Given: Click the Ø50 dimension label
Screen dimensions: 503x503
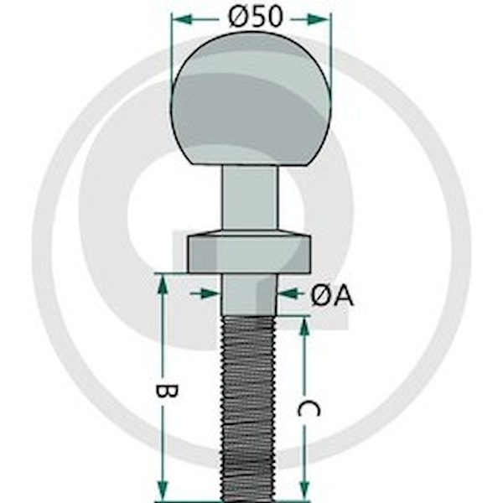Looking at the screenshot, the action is pos(256,17).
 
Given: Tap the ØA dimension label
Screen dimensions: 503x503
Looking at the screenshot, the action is pos(332,295).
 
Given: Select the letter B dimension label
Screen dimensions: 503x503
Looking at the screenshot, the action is pos(166,392).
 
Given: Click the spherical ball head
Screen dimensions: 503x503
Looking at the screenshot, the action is pos(251,98).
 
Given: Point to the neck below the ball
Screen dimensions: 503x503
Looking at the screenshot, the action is pos(251,197).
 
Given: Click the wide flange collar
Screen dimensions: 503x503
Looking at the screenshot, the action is pos(249,255).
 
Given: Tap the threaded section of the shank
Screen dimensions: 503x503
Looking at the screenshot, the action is pos(249,409).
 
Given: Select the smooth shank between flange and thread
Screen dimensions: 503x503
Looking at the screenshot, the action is pos(249,294).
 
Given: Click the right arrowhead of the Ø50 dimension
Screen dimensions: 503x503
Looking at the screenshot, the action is pos(319,19).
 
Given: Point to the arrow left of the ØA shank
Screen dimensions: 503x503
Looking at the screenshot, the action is pos(205,293).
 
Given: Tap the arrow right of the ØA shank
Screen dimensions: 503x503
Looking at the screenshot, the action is pos(291,293).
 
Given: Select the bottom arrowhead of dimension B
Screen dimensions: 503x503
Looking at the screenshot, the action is pos(163,490).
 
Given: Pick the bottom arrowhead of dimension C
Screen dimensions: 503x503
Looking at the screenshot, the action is pos(304,490).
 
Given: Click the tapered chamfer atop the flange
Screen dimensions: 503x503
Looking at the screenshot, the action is pos(249,233).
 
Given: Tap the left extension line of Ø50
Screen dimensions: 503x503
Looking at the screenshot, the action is pos(172,51).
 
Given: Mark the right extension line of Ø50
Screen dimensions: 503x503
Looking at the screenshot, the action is pos(331,51).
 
